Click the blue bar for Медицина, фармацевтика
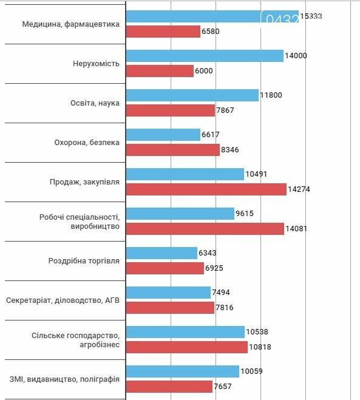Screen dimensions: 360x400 tap(212, 16)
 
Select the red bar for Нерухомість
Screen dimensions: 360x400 tap(160, 71)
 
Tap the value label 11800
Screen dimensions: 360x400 tap(271, 95)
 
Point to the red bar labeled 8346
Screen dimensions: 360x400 tap(173, 150)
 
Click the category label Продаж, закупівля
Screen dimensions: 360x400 tap(84, 182)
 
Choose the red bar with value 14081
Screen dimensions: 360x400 tap(205, 229)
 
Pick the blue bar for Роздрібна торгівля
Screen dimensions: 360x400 tap(161, 253)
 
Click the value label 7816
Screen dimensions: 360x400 tap(225, 308)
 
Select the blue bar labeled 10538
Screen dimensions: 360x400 tap(186, 332)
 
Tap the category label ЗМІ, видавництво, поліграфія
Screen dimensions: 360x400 tap(64, 379)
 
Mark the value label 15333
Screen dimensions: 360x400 tap(311, 16)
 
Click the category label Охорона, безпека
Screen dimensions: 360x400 tap(87, 143)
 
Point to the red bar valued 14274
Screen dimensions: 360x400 tap(206, 189)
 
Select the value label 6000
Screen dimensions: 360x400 tap(204, 71)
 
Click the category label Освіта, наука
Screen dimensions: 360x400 tap(95, 103)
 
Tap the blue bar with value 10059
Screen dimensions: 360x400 tap(183, 371)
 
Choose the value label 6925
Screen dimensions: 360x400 tap(214, 268)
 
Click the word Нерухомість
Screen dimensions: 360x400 tap(96, 64)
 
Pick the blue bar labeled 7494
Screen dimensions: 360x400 tap(168, 293)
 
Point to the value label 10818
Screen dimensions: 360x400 tap(260, 347)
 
